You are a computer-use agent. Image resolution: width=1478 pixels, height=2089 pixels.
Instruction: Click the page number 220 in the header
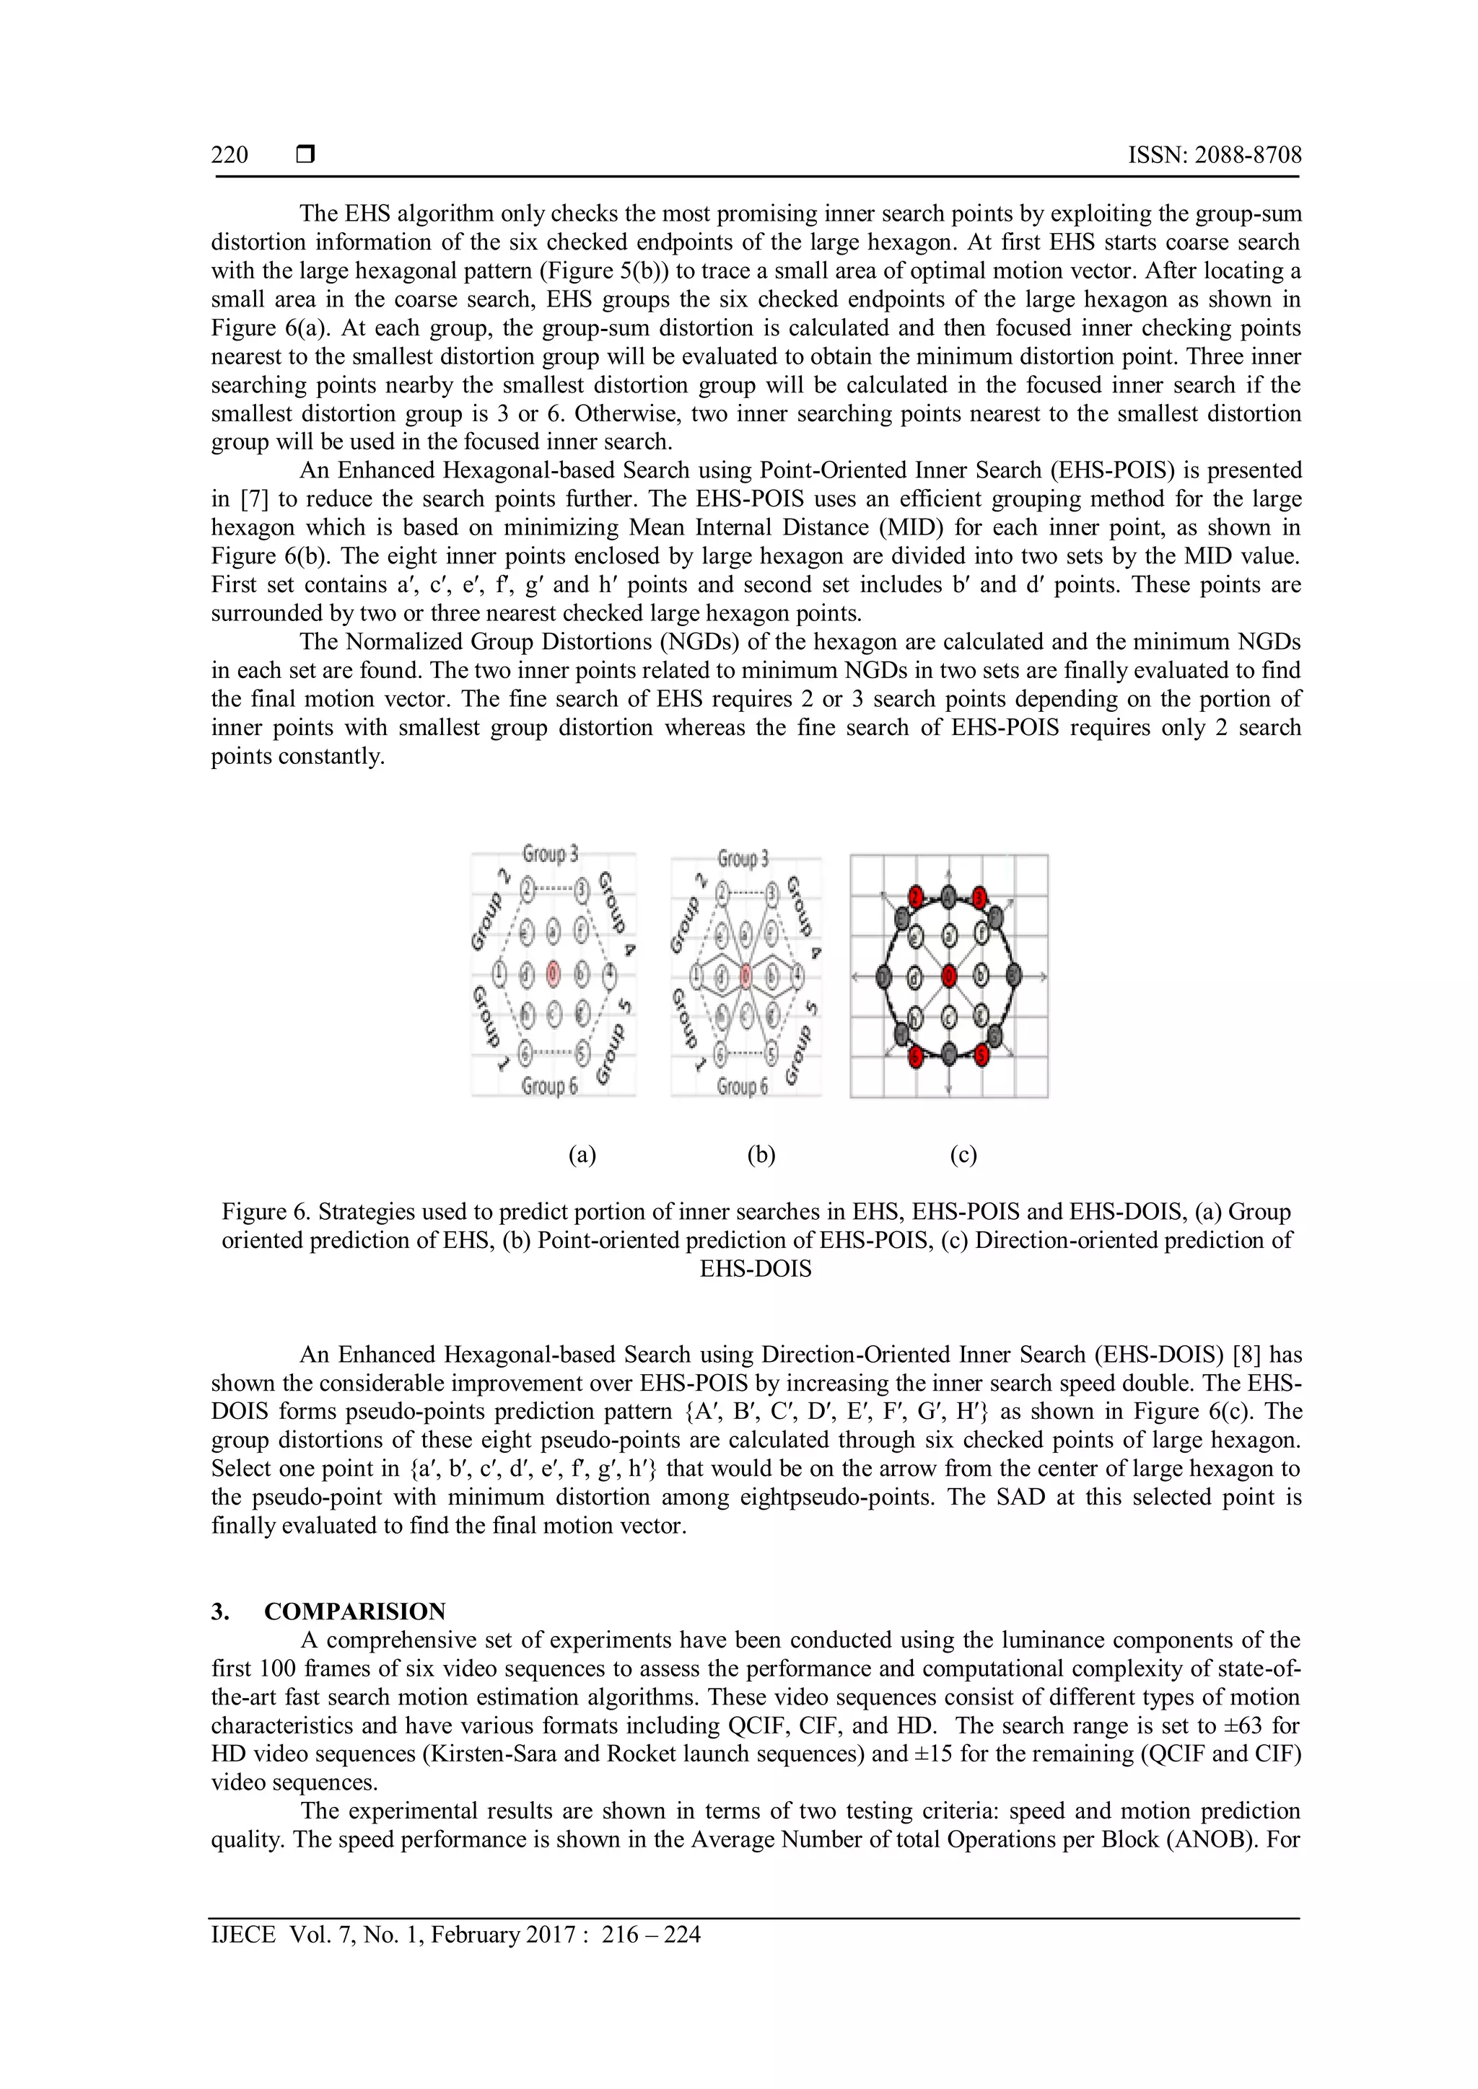tap(229, 156)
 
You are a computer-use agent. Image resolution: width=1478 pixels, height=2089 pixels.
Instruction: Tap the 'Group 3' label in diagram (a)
tap(550, 853)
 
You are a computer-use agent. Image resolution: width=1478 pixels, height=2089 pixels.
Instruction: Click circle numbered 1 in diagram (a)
tap(499, 975)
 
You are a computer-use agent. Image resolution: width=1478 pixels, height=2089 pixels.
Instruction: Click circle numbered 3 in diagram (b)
tap(771, 895)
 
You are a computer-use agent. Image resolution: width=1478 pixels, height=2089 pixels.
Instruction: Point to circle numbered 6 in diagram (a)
tap(525, 1055)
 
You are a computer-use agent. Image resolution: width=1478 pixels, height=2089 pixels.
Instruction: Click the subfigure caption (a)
tap(582, 1155)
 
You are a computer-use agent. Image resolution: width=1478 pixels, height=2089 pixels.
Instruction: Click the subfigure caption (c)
tap(963, 1155)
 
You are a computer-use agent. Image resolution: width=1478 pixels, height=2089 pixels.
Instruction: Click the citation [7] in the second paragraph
tap(254, 498)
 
